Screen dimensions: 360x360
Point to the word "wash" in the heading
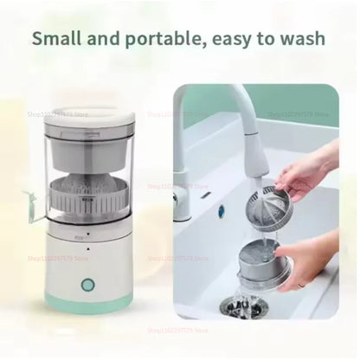tap(299, 39)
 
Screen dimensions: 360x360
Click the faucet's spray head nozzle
tap(244, 136)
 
